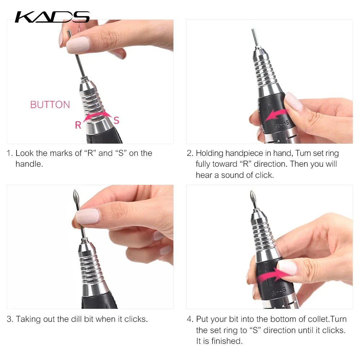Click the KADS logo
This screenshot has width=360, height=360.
[x=52, y=17]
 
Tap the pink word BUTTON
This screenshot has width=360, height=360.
[x=50, y=105]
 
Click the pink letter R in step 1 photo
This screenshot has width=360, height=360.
[x=78, y=125]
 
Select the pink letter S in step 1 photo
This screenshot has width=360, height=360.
[x=116, y=120]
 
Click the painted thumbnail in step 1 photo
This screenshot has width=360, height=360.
[x=77, y=45]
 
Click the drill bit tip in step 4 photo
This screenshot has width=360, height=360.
[x=253, y=197]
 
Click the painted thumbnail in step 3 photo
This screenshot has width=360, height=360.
[x=87, y=216]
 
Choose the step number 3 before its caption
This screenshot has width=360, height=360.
[x=10, y=319]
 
